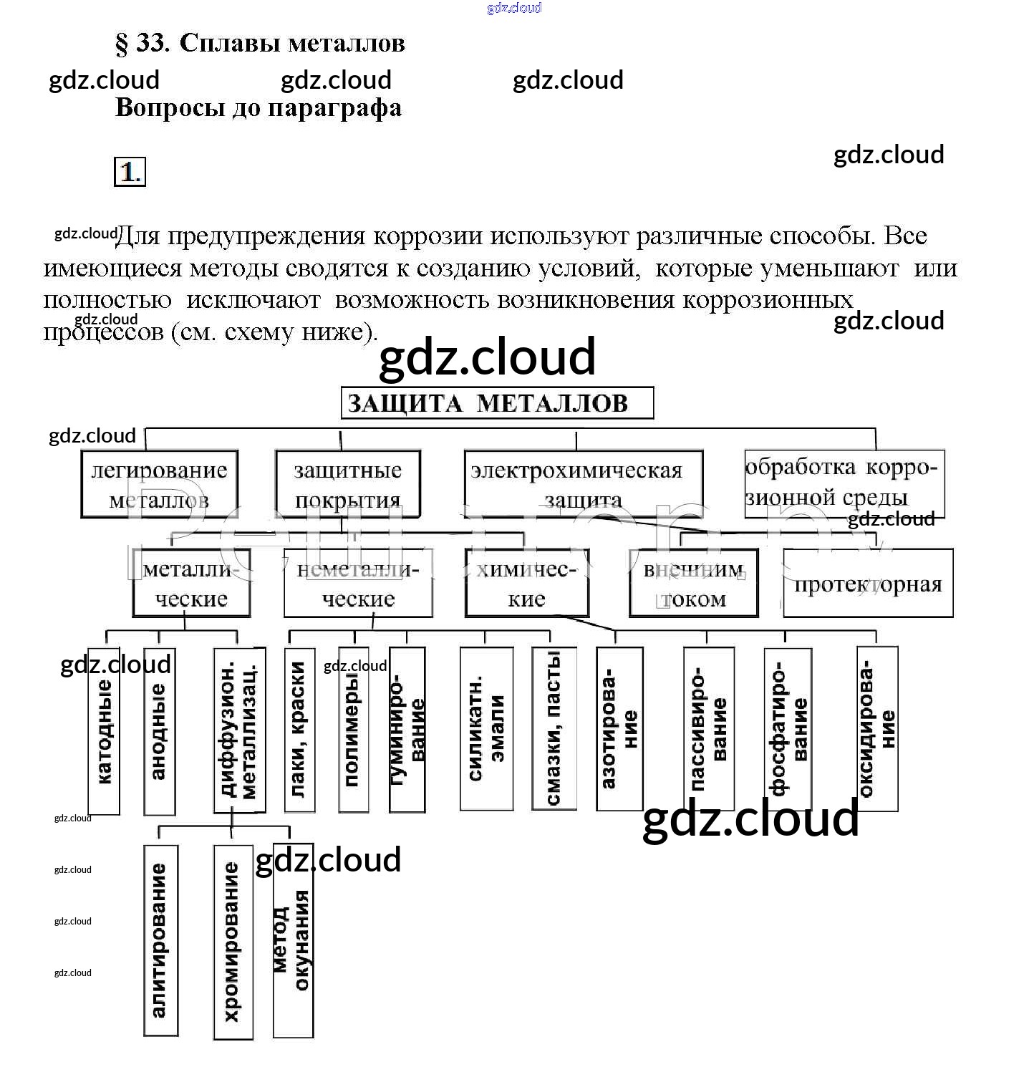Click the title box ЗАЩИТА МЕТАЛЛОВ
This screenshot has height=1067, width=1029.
[497, 403]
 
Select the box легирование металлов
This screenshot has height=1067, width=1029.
[159, 484]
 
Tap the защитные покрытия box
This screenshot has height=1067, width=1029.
[348, 484]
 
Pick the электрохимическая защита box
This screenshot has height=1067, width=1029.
[583, 484]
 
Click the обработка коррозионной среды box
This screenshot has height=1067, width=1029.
[844, 483]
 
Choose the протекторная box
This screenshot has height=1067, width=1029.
[868, 583]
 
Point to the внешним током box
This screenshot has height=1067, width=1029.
[693, 583]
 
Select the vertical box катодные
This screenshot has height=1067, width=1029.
[104, 730]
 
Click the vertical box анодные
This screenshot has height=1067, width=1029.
[159, 730]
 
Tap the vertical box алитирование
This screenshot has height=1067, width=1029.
[160, 940]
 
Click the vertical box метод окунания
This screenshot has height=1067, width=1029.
[293, 940]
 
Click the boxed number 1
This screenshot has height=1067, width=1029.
[130, 172]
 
